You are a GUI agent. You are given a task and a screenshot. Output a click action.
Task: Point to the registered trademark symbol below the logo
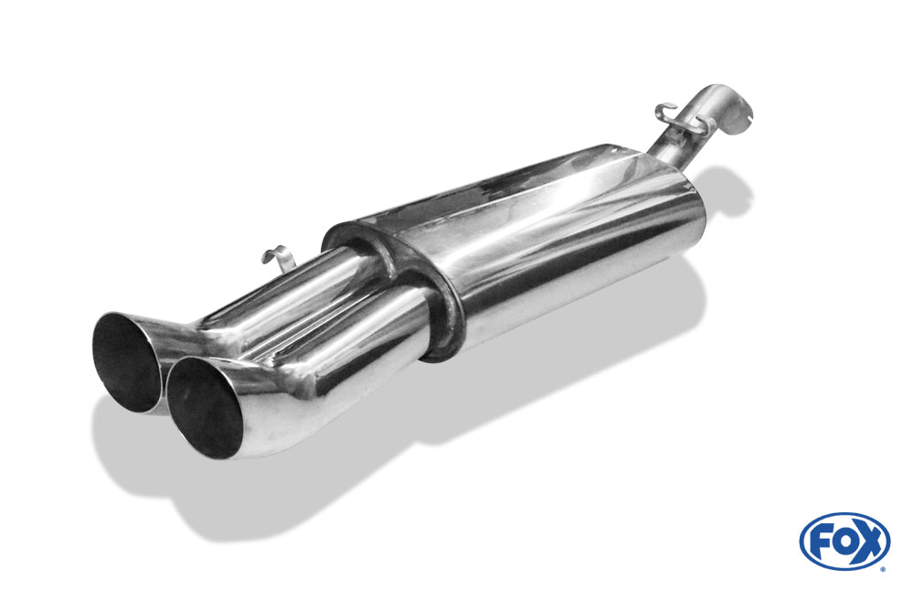883,569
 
